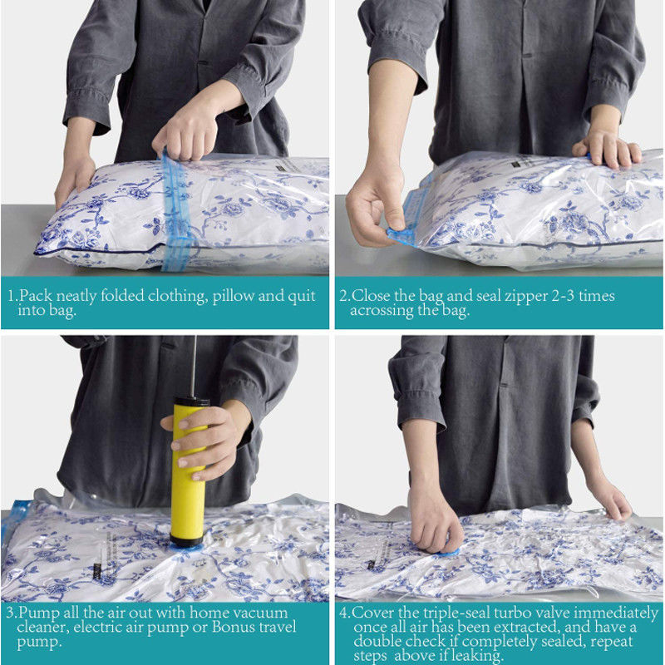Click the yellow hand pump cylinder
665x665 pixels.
[188, 473]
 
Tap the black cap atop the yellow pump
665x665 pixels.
[192, 401]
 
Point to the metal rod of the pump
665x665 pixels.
[194, 366]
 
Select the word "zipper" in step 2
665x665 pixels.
[526, 297]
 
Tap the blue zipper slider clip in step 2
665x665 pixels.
[401, 236]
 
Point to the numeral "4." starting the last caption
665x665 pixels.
[344, 613]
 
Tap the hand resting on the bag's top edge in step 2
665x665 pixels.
[607, 149]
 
